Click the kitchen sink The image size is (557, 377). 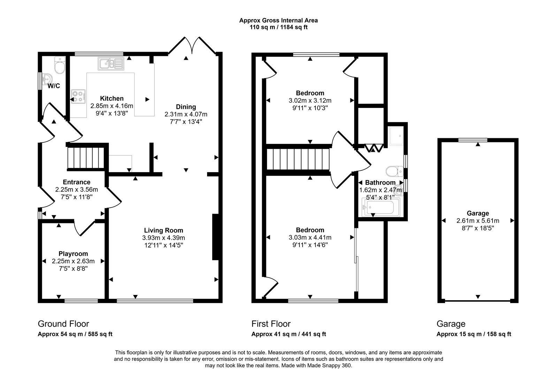110,64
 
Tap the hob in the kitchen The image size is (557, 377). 78,96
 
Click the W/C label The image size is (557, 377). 54,86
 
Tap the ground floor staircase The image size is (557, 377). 86,158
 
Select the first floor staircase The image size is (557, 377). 298,160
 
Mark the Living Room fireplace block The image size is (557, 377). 215,237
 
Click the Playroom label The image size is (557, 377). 73,254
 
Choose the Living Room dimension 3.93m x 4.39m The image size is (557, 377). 163,238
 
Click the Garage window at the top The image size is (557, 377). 473,140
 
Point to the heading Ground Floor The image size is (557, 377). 63,324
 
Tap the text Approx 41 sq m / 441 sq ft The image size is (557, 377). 289,334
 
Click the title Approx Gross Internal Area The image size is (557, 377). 278,20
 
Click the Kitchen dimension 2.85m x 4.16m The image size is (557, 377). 112,106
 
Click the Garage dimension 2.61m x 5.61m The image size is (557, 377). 478,221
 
